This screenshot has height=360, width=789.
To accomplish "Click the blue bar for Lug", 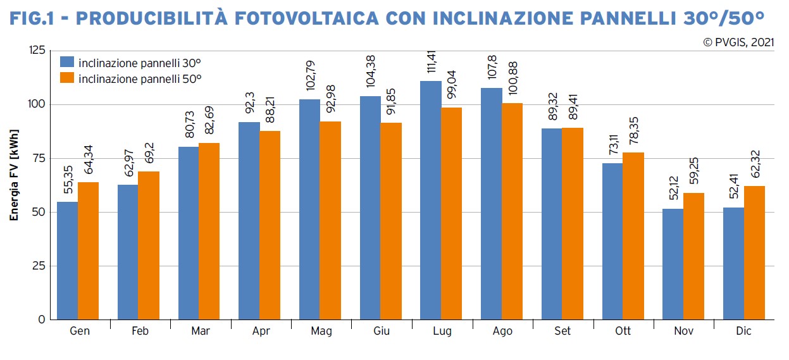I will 431,200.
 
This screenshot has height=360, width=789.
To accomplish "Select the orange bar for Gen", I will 88,251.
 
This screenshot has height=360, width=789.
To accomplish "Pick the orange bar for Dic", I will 754,252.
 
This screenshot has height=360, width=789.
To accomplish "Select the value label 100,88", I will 513,80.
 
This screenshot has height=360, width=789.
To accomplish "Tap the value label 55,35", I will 68,183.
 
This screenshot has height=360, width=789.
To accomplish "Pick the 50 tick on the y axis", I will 40,212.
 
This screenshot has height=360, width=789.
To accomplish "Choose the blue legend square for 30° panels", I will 66,62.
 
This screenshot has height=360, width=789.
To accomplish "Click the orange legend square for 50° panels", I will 66,78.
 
